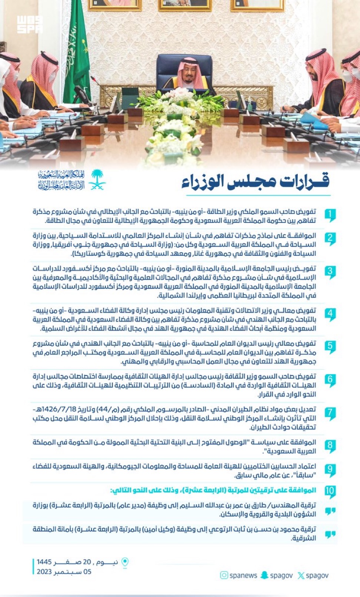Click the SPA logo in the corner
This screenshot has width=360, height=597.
(x=30, y=24)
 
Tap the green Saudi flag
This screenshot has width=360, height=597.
(x=77, y=52)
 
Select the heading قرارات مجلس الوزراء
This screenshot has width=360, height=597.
(x=255, y=182)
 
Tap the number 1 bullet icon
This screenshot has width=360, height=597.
(x=330, y=215)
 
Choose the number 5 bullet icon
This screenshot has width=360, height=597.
(x=330, y=347)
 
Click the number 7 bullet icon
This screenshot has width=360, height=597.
(x=330, y=413)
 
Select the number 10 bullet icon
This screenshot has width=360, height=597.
(x=330, y=491)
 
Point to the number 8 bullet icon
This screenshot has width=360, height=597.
(x=330, y=446)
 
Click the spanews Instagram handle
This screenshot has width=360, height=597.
(x=243, y=576)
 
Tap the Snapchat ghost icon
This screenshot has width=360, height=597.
(x=264, y=575)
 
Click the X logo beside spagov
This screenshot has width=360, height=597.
(x=301, y=576)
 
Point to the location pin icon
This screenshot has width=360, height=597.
(x=125, y=562)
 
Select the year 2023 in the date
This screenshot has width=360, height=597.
(x=44, y=572)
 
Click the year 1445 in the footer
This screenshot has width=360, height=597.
(x=44, y=562)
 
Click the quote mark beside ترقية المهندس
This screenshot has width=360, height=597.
(x=330, y=511)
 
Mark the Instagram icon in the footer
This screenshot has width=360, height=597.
(x=224, y=575)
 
